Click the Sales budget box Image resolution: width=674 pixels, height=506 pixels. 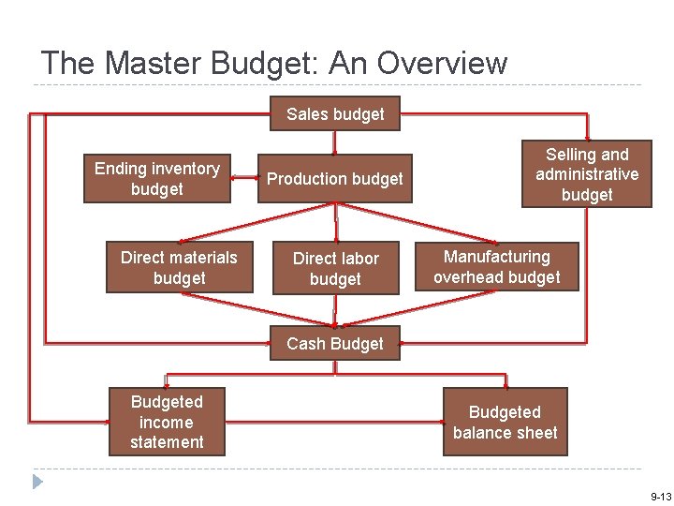point(335,114)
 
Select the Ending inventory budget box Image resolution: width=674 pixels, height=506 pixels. point(156,179)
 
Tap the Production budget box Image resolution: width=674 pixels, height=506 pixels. point(335,179)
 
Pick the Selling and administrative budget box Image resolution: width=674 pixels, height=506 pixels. point(587,174)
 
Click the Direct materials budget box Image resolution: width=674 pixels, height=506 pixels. point(179,267)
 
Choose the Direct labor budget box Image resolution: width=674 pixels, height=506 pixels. point(335,268)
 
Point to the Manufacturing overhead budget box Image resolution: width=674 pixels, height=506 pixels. point(496,267)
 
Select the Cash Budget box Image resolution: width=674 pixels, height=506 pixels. point(335,343)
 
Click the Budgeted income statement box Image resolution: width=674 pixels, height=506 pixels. point(167,422)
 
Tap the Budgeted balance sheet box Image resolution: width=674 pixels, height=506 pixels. point(505,423)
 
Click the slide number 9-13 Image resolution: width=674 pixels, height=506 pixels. point(660,495)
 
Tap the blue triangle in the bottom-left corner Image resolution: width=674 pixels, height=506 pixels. point(37,482)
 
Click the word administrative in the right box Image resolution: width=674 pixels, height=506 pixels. point(587,174)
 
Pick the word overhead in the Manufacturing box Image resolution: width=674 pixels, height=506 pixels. point(471,277)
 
